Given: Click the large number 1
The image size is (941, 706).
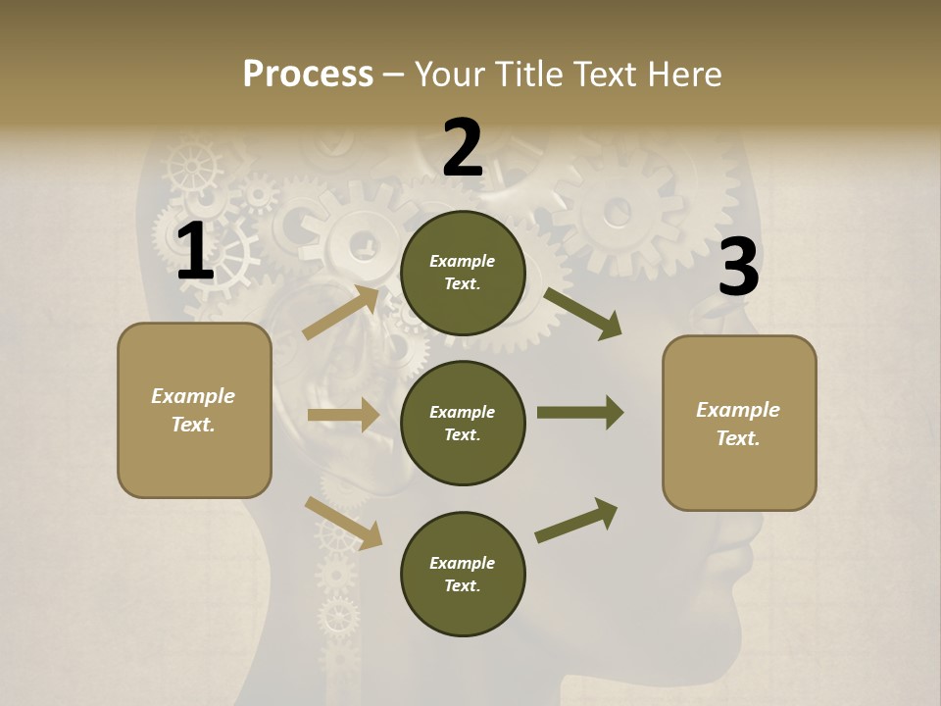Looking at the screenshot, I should point(195,253).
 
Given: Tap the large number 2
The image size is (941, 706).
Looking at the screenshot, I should point(463,148).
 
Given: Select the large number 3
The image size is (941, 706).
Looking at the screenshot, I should point(738,268).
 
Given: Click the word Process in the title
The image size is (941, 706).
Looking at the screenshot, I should point(308,75).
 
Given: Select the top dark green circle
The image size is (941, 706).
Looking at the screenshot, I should point(463,273).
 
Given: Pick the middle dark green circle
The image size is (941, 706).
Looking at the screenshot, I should point(463,423).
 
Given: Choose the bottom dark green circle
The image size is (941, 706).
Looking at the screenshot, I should point(463,574).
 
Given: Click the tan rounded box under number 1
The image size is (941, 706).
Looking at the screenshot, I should point(194,410).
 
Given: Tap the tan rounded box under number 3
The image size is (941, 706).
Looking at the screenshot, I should point(739,423).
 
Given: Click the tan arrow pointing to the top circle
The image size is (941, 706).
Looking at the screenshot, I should point(342,312).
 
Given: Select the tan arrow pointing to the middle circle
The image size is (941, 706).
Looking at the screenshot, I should point(343,415).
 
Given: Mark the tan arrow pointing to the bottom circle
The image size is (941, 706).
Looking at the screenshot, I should point(343,522).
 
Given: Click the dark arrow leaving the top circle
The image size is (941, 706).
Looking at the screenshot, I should point(583,313).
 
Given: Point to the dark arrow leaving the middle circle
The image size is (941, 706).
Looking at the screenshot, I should point(580,412).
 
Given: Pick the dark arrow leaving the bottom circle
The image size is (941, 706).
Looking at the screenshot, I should point(576,520).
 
